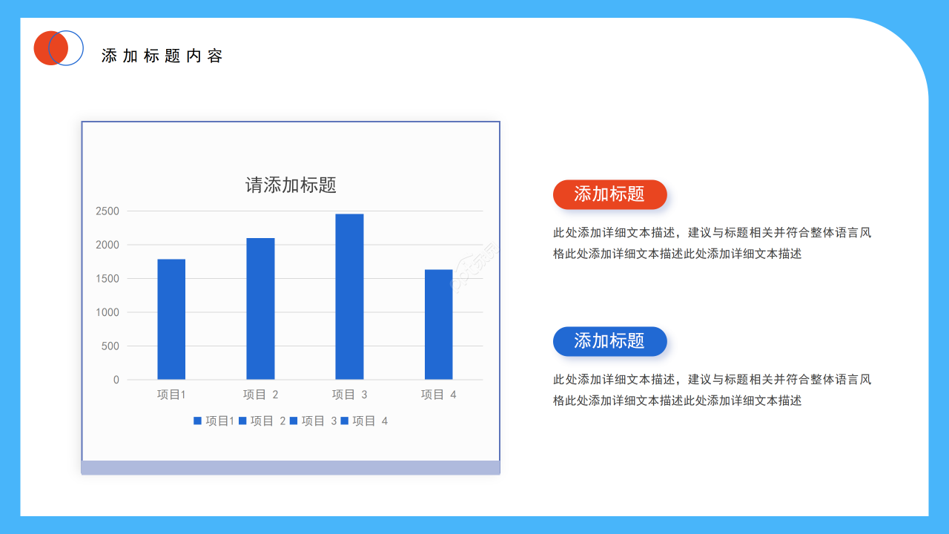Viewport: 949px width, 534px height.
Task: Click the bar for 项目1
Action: point(171,319)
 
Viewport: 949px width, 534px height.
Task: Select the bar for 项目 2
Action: point(260,309)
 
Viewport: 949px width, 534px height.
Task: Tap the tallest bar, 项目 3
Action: point(349,297)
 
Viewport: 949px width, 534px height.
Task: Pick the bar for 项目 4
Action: point(438,324)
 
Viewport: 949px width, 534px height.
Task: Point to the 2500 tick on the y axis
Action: point(108,211)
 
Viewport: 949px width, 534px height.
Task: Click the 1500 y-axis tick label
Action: point(108,279)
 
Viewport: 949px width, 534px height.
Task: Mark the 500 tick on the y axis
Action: point(110,346)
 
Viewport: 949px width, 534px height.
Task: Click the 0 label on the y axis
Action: point(116,380)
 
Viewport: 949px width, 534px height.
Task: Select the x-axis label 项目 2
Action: point(260,395)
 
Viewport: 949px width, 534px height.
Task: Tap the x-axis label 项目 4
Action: point(438,395)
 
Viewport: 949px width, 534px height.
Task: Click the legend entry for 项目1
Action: point(214,421)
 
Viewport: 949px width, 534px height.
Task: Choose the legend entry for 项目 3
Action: point(314,421)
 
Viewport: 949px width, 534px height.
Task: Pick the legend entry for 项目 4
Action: point(365,421)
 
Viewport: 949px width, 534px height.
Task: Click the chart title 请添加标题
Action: point(291,185)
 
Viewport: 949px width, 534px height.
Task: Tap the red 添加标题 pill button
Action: point(609,194)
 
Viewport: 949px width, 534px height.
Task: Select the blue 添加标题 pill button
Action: point(609,341)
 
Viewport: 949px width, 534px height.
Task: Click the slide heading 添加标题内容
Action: point(162,56)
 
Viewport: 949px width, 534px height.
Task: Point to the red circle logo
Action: point(49,48)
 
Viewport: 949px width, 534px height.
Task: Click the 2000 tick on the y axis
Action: point(108,245)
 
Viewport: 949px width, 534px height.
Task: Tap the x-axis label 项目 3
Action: point(349,395)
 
